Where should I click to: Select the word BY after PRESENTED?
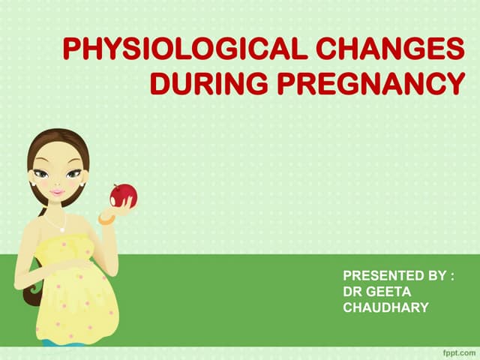pyautogui.click(x=436, y=276)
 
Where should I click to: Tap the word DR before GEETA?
pyautogui.click(x=352, y=291)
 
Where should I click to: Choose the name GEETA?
pyautogui.click(x=388, y=291)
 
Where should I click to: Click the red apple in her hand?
pyautogui.click(x=122, y=195)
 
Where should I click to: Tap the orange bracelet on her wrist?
pyautogui.click(x=106, y=217)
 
